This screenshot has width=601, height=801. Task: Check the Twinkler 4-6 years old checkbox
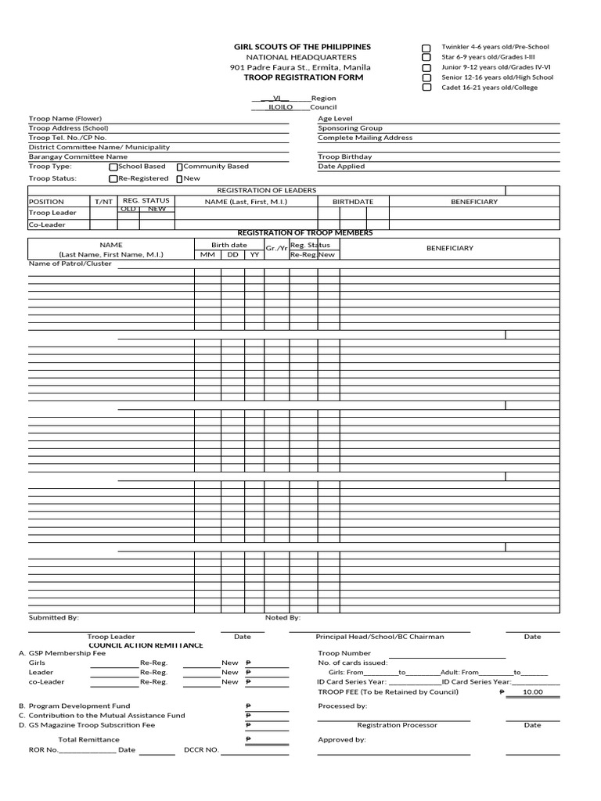click(x=426, y=48)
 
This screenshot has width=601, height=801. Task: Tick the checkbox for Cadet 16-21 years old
click(x=426, y=88)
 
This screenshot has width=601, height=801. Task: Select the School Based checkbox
click(x=113, y=167)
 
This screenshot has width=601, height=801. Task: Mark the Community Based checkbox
click(x=179, y=167)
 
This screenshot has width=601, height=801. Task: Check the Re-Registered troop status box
click(x=113, y=178)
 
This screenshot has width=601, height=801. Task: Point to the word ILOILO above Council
click(x=280, y=107)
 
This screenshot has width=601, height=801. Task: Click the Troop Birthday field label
click(x=344, y=156)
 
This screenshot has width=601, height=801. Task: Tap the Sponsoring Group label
click(x=350, y=128)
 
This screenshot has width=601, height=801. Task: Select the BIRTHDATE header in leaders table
click(x=352, y=202)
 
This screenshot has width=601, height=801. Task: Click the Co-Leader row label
click(x=47, y=224)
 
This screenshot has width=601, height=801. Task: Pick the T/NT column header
click(x=103, y=202)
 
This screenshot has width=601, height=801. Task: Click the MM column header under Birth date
click(x=207, y=254)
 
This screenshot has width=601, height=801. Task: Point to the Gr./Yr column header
click(x=276, y=249)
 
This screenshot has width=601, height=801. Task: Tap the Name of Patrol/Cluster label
click(x=70, y=264)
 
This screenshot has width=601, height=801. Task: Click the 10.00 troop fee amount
click(x=532, y=691)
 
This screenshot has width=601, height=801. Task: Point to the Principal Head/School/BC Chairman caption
click(x=380, y=637)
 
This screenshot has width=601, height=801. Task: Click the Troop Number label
click(x=344, y=652)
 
